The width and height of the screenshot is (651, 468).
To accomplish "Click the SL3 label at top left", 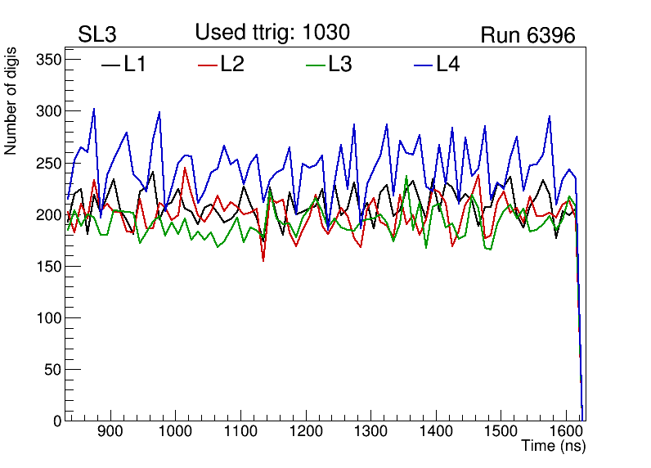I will pyautogui.click(x=97, y=35).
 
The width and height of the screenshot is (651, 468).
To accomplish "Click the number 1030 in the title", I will pyautogui.click(x=325, y=33).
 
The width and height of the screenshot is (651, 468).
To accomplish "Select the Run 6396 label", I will pyautogui.click(x=528, y=35).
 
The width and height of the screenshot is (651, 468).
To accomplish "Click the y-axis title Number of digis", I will pyautogui.click(x=11, y=109).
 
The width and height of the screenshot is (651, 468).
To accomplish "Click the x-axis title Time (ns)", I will pyautogui.click(x=554, y=447).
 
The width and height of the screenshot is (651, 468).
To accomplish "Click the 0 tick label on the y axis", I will pyautogui.click(x=57, y=421).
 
